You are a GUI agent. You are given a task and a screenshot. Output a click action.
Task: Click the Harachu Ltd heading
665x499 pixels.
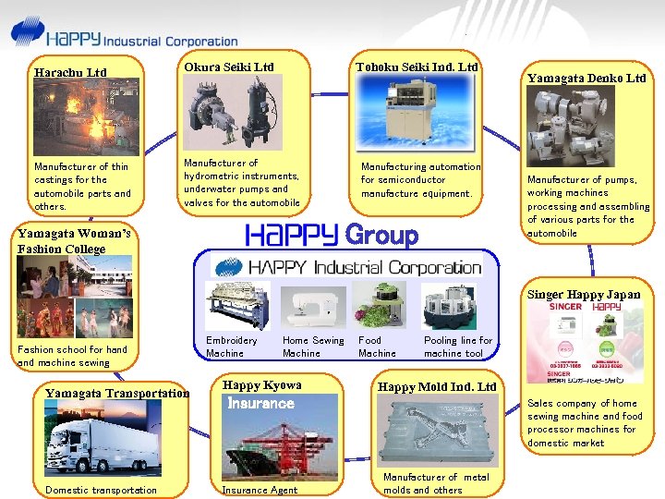tap(70, 72)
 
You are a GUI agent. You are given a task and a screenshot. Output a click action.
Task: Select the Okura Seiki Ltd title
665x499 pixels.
tap(228, 67)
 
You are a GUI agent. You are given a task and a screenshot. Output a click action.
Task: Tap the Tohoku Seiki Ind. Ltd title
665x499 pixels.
tap(417, 67)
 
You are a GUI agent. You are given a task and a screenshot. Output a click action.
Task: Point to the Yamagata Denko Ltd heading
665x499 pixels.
tap(586, 79)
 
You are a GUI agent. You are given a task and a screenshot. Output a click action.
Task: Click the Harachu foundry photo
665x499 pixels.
tap(81, 120)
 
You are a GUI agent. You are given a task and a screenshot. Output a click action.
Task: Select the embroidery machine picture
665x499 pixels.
tap(238, 306)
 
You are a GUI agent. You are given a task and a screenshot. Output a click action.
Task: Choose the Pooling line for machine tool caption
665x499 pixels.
tap(458, 347)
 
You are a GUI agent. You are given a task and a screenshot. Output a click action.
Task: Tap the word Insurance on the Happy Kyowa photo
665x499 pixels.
tap(260, 404)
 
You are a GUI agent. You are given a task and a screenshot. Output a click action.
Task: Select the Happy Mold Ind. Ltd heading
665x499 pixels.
tap(437, 386)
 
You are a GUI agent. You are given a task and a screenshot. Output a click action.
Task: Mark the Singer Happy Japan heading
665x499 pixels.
tap(584, 295)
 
